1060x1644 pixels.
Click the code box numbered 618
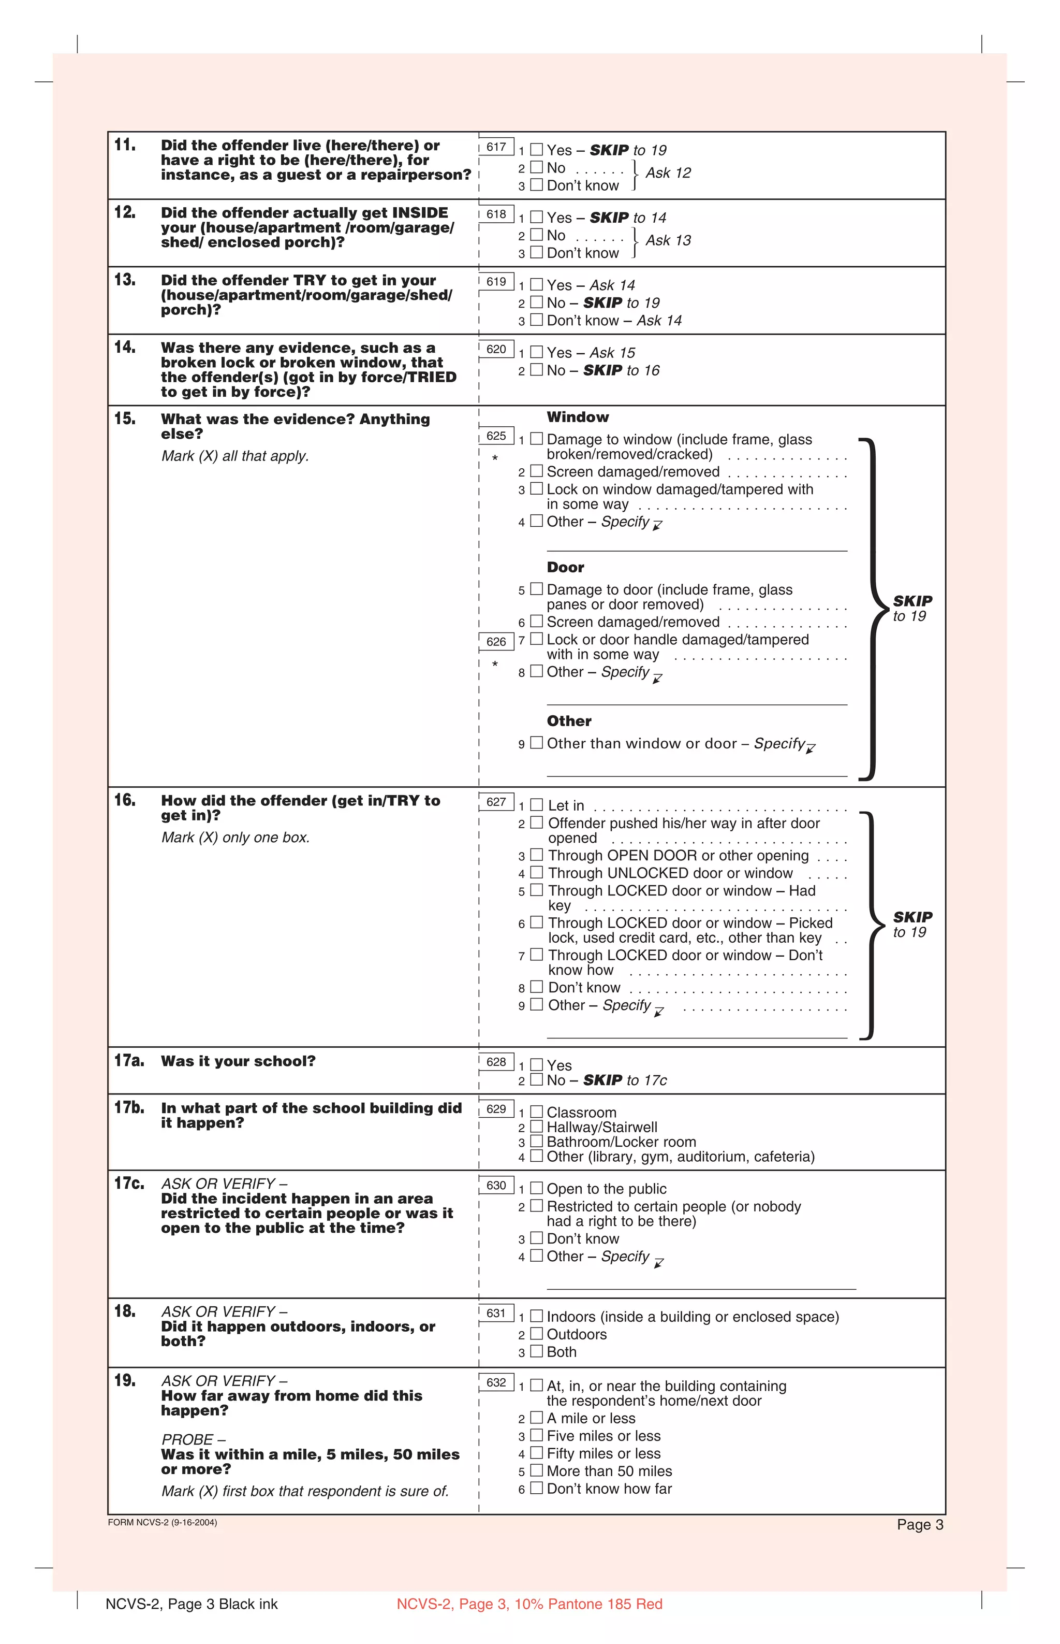click(496, 214)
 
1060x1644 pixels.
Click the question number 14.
click(125, 347)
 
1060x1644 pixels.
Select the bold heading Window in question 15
click(578, 417)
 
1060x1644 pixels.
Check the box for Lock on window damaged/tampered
click(536, 488)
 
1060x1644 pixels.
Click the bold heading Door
click(565, 568)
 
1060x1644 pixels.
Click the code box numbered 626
click(496, 642)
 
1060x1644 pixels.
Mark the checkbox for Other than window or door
click(536, 742)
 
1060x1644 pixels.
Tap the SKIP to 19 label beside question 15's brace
click(912, 608)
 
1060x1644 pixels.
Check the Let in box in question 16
click(536, 804)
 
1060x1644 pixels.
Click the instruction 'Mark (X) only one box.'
click(235, 838)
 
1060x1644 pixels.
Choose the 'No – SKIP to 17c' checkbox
click(536, 1079)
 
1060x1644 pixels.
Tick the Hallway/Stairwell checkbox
click(536, 1127)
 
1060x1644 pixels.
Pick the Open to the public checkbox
click(536, 1188)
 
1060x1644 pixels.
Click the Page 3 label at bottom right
click(920, 1525)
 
